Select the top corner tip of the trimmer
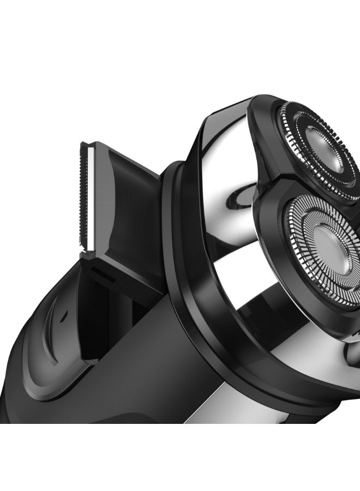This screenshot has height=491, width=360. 82,143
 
